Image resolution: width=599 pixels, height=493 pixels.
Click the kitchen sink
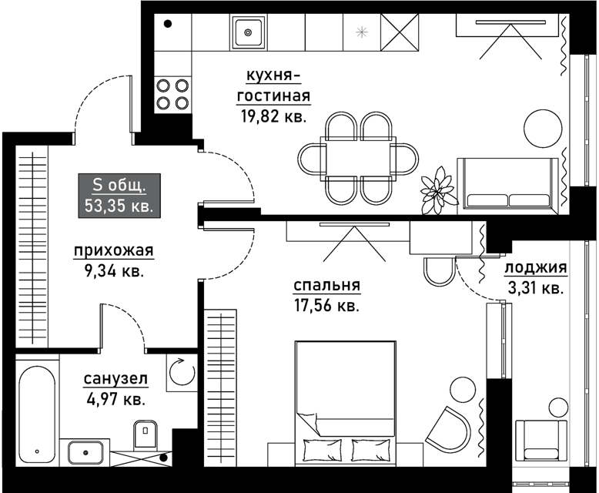pyautogui.click(x=248, y=32)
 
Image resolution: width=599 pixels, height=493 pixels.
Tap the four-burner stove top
pyautogui.click(x=172, y=94)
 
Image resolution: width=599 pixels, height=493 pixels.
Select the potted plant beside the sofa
pyautogui.click(x=439, y=190)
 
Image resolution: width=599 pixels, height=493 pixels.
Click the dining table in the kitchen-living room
pyautogui.click(x=358, y=157)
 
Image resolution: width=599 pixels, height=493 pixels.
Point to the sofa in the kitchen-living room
pyautogui.click(x=508, y=183)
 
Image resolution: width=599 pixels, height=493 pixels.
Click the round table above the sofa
pyautogui.click(x=543, y=129)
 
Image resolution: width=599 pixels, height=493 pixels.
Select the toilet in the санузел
pyautogui.click(x=146, y=434)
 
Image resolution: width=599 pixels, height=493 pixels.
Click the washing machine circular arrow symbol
pyautogui.click(x=182, y=371)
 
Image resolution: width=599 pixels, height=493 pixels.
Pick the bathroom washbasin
pyautogui.click(x=85, y=452)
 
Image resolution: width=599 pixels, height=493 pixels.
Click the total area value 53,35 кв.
pyautogui.click(x=119, y=206)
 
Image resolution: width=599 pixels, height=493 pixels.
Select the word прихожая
pyautogui.click(x=113, y=251)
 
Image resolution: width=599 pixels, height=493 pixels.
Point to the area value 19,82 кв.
pyautogui.click(x=274, y=116)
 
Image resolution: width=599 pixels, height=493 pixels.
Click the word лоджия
pyautogui.click(x=536, y=267)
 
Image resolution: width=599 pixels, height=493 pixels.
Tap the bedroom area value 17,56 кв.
pyautogui.click(x=326, y=306)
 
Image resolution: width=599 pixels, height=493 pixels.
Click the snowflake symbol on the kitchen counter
pyautogui.click(x=361, y=32)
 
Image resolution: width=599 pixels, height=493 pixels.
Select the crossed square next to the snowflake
pyautogui.click(x=400, y=32)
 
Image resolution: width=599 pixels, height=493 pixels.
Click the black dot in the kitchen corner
pyautogui.click(x=167, y=24)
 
